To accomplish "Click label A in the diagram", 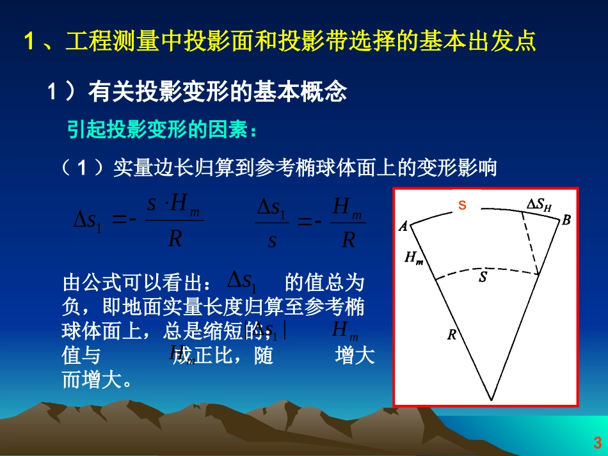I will [x=403, y=226].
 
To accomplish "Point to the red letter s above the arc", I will [x=462, y=205].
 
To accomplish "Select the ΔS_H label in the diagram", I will [x=539, y=204].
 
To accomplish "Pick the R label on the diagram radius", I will [x=451, y=334].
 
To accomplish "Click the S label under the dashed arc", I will [x=483, y=278].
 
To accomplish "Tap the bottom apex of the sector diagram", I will [x=492, y=399].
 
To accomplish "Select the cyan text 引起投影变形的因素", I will [x=157, y=130].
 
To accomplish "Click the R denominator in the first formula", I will [x=175, y=239].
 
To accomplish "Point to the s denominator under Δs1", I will [x=272, y=241].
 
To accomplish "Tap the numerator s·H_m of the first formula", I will [x=173, y=206].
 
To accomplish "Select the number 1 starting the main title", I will [x=29, y=43].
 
